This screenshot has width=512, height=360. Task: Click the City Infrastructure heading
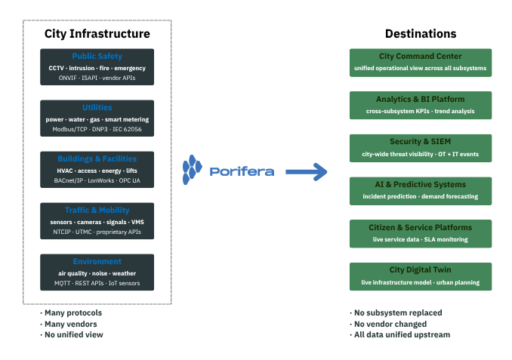pos(97,34)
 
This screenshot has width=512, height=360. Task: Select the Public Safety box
pos(97,66)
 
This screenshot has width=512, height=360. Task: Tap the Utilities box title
pos(97,108)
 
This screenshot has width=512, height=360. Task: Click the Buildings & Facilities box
pos(97,169)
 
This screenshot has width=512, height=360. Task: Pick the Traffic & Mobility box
pos(97,220)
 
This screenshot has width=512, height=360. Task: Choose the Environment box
pos(97,272)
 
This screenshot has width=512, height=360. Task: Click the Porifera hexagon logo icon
pos(195,171)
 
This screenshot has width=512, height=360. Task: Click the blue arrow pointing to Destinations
pos(306,172)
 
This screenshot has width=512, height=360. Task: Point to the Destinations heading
pos(420,34)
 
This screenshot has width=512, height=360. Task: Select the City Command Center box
pos(420,62)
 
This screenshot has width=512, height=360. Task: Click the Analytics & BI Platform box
pos(420,105)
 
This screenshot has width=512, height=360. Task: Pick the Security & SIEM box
pos(420,148)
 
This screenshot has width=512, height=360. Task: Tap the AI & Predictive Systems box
pos(420,190)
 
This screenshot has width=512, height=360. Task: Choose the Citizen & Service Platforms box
pos(420,233)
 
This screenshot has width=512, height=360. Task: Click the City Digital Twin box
pos(420,275)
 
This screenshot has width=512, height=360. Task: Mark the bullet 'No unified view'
pos(74,334)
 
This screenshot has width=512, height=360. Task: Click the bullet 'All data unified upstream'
pos(402,334)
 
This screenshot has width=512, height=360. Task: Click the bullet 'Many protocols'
pos(73,312)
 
